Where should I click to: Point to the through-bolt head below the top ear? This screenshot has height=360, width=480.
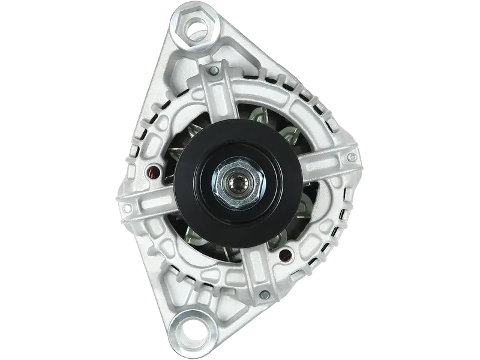[x=213, y=72]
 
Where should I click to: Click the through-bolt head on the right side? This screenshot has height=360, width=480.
[x=350, y=158]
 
